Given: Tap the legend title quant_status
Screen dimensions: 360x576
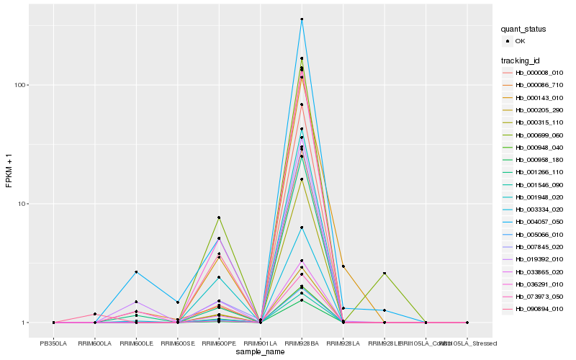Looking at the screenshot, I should click(x=524, y=30).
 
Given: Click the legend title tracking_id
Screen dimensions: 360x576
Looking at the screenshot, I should click(x=521, y=60).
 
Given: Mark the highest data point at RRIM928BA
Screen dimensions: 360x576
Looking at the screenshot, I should click(x=302, y=19).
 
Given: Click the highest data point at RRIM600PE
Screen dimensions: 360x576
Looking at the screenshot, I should click(x=219, y=217).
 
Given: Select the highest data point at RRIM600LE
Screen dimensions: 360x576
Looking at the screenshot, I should click(x=136, y=272).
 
